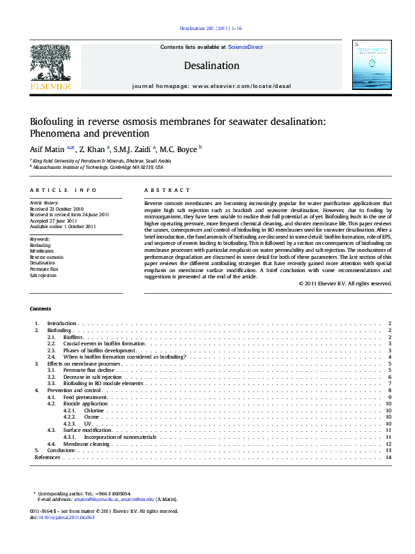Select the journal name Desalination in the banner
[211, 66]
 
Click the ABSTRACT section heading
[167, 190]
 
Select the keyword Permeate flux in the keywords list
[44, 269]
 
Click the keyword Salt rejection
[43, 275]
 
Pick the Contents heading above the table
[40, 308]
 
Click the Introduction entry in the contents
[61, 324]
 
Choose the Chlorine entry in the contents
[94, 411]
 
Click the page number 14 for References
[388, 457]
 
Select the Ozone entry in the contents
[92, 417]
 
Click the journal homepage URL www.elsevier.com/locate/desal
[241, 85]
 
